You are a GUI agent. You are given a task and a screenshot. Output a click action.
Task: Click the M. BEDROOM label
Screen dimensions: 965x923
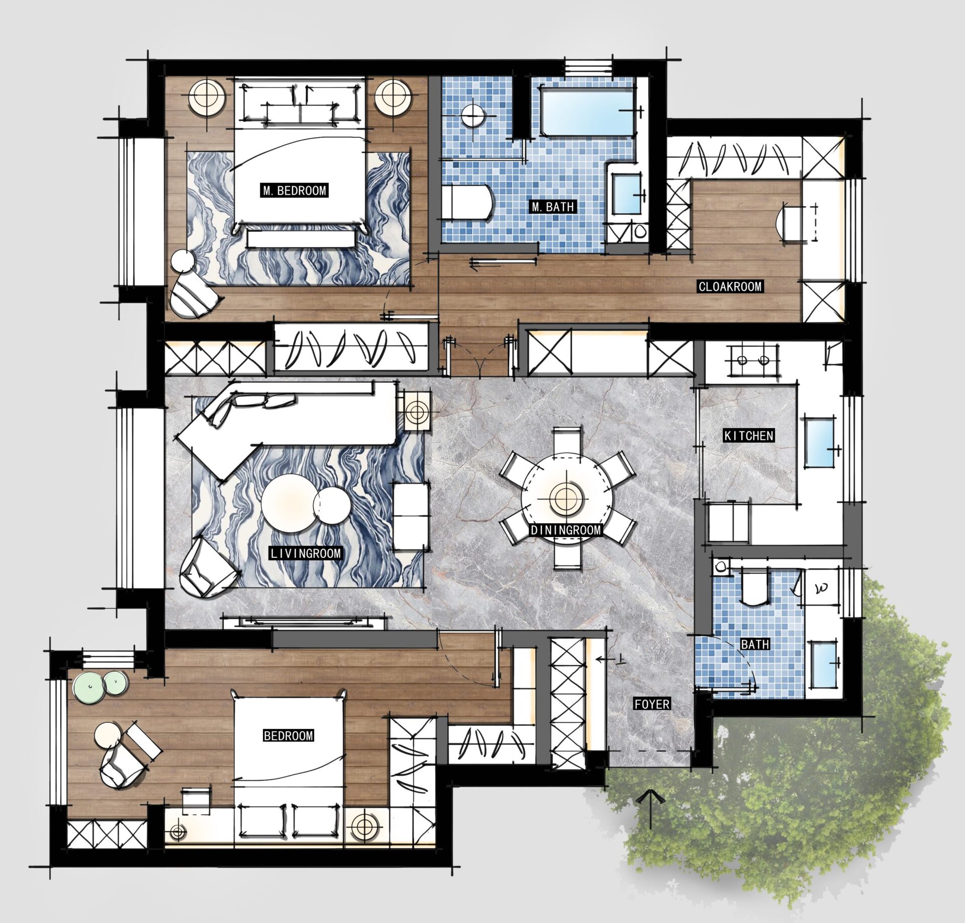(x=295, y=191)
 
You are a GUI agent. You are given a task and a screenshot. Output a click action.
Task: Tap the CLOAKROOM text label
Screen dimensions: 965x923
(x=730, y=287)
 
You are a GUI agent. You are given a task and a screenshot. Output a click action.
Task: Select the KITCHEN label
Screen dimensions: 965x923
(x=748, y=436)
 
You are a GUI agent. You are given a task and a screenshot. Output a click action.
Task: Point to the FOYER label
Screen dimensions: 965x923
(x=652, y=704)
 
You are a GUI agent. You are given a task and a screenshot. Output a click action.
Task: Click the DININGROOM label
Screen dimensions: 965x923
(x=566, y=530)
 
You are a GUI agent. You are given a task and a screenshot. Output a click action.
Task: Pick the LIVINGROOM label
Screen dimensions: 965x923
(x=306, y=553)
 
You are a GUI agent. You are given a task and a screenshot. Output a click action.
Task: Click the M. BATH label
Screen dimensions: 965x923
(x=552, y=207)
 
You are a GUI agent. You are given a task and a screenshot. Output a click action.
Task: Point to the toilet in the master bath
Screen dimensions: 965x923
(x=467, y=202)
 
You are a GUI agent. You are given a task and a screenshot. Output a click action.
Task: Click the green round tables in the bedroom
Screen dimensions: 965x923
(x=102, y=684)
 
